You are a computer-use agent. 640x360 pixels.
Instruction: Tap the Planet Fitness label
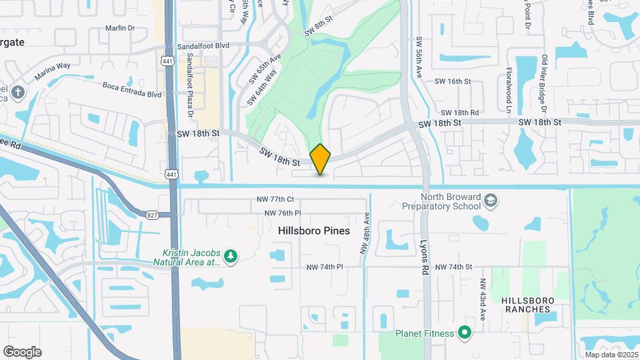424,333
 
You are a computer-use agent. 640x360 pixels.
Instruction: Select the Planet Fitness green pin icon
465,333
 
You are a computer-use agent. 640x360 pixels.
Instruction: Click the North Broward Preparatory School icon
491,201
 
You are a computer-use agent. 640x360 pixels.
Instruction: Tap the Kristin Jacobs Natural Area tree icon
231,257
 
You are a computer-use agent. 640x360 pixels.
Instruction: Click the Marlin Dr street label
120,28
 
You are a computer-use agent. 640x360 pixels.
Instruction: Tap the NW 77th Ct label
275,199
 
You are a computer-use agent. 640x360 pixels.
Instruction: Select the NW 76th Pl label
283,213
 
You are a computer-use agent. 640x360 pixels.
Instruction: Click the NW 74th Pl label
324,267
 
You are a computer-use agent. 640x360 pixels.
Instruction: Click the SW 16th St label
453,81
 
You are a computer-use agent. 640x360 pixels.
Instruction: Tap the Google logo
22,352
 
